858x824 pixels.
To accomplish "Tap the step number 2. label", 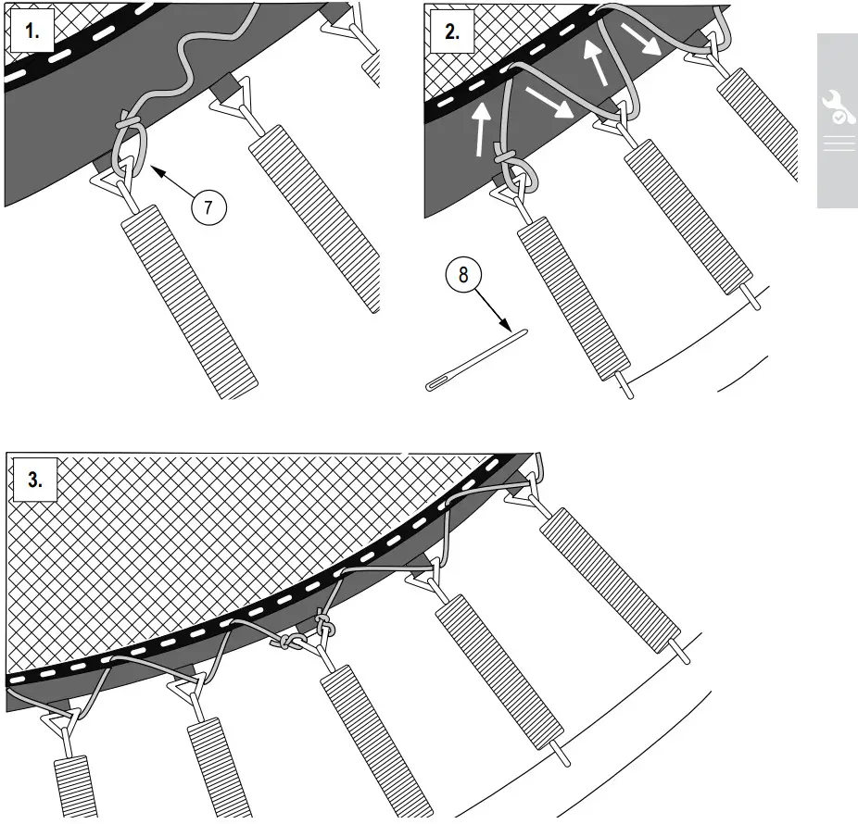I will [x=451, y=32].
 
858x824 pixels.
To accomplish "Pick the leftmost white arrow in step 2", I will [x=479, y=131].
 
